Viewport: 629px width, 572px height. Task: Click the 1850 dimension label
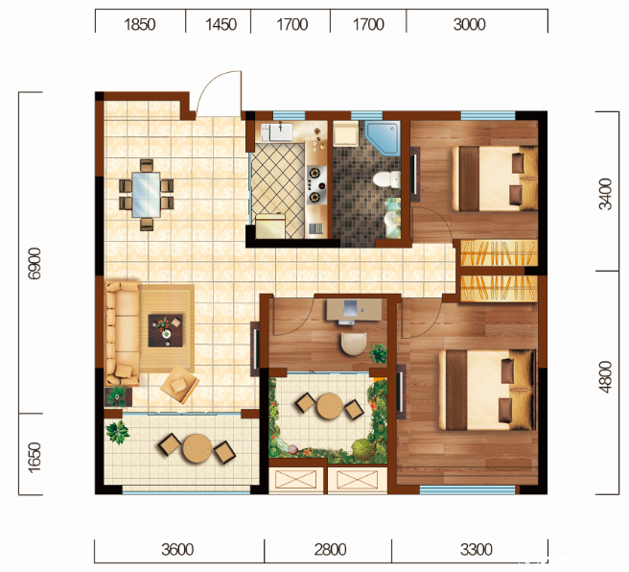point(140,25)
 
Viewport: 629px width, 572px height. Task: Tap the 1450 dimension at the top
point(221,25)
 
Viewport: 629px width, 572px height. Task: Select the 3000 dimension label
point(469,25)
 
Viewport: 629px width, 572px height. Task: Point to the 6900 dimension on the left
point(35,263)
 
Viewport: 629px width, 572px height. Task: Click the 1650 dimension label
point(35,457)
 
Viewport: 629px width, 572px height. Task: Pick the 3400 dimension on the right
point(605,194)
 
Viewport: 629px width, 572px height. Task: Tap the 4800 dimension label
point(605,377)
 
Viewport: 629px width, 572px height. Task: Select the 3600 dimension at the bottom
point(177,550)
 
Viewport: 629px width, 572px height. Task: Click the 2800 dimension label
point(330,550)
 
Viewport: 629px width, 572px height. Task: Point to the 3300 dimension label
point(477,550)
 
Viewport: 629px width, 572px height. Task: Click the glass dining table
point(147,195)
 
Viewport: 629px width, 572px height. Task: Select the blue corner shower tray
point(384,137)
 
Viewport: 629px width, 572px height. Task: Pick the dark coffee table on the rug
point(166,330)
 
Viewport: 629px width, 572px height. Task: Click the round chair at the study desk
point(354,344)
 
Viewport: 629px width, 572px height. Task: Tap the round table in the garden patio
point(330,406)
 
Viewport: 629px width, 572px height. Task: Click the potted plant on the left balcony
point(118,432)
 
